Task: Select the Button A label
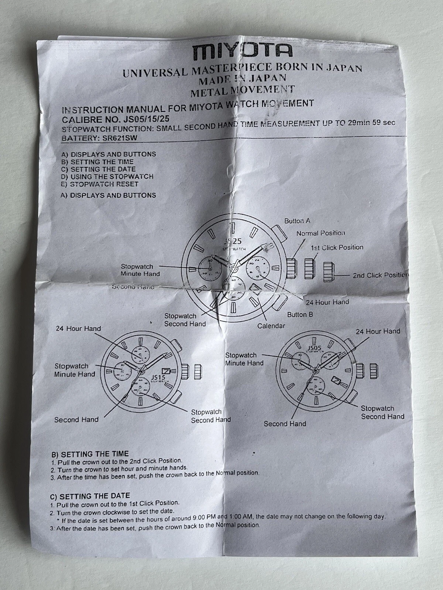tap(297, 221)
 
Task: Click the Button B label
tap(300, 315)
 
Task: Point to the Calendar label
tap(271, 326)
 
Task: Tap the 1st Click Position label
tap(337, 247)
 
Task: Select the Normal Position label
tap(320, 233)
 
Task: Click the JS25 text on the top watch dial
tap(233, 241)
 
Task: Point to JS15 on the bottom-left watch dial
tap(158, 377)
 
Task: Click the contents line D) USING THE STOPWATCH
tap(107, 177)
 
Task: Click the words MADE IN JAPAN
tap(243, 78)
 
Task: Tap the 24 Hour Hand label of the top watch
tap(327, 302)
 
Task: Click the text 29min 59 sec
tap(371, 122)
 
